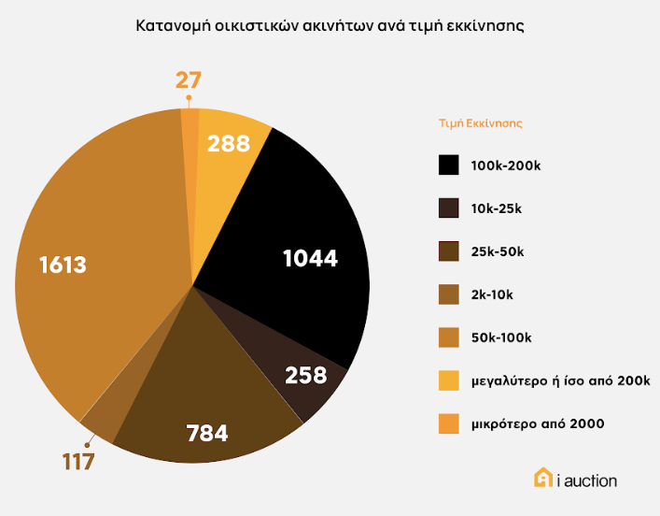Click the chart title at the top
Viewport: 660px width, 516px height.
(330, 26)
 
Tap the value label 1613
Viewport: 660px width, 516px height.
(63, 265)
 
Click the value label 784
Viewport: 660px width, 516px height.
(207, 433)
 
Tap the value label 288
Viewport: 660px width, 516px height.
(229, 143)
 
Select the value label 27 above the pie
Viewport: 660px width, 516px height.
(189, 79)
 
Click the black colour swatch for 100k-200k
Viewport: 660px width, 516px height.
(449, 165)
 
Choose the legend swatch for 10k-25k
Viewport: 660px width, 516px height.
(449, 208)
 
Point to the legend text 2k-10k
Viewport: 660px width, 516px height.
(492, 294)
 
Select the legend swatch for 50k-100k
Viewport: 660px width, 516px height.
(449, 337)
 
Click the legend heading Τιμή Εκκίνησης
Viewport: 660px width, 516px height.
(480, 122)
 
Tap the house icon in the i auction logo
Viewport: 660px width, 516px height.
(542, 479)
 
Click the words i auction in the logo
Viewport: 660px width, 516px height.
(587, 480)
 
